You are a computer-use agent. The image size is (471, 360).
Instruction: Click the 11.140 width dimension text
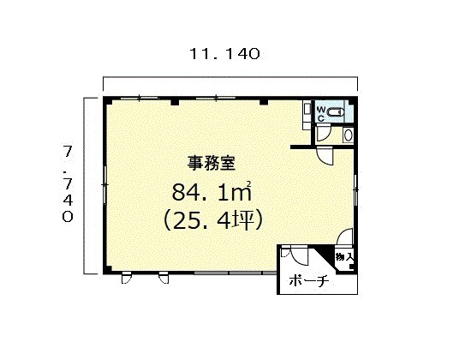point(224,54)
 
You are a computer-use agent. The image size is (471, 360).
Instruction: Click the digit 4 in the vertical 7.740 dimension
point(68,200)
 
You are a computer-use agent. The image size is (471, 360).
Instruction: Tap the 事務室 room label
point(212,164)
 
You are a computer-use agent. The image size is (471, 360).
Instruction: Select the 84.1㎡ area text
point(212,192)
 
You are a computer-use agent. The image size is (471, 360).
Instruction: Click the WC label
point(321,113)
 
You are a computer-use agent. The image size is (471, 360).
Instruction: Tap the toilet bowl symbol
point(335,112)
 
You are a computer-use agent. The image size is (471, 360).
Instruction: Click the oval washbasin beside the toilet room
point(349,135)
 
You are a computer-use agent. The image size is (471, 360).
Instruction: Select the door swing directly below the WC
point(324,134)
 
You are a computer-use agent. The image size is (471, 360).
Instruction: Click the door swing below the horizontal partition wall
point(325,155)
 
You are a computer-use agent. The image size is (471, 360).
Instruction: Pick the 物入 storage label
point(344,257)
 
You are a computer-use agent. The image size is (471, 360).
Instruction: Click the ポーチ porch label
point(309,281)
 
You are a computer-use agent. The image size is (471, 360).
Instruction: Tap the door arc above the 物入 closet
point(344,237)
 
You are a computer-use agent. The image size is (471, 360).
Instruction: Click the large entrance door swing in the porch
point(299,255)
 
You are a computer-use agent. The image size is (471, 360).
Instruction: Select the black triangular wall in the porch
point(325,256)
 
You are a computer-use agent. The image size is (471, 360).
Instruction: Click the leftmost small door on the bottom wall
point(127,278)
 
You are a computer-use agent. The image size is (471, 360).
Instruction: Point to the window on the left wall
point(104,184)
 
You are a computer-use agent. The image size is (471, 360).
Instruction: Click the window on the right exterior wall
point(356,189)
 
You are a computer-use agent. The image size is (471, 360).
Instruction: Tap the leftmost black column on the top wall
point(175,102)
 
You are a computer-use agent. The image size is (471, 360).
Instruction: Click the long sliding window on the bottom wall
point(235,273)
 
